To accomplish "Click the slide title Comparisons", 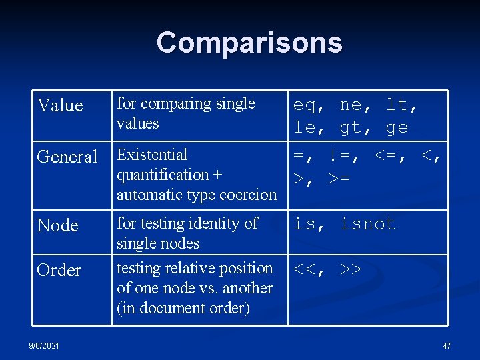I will [x=249, y=43].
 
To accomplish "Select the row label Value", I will [x=61, y=105].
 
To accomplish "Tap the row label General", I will [x=67, y=157].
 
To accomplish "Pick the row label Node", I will [x=58, y=225].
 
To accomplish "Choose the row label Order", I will [x=59, y=270].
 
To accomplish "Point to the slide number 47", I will [x=447, y=346].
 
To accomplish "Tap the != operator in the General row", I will [x=342, y=157].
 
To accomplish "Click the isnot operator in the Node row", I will [x=368, y=224].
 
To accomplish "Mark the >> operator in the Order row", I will [x=351, y=269].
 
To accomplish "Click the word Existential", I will [x=152, y=155].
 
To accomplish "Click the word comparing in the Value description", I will [x=173, y=104].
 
